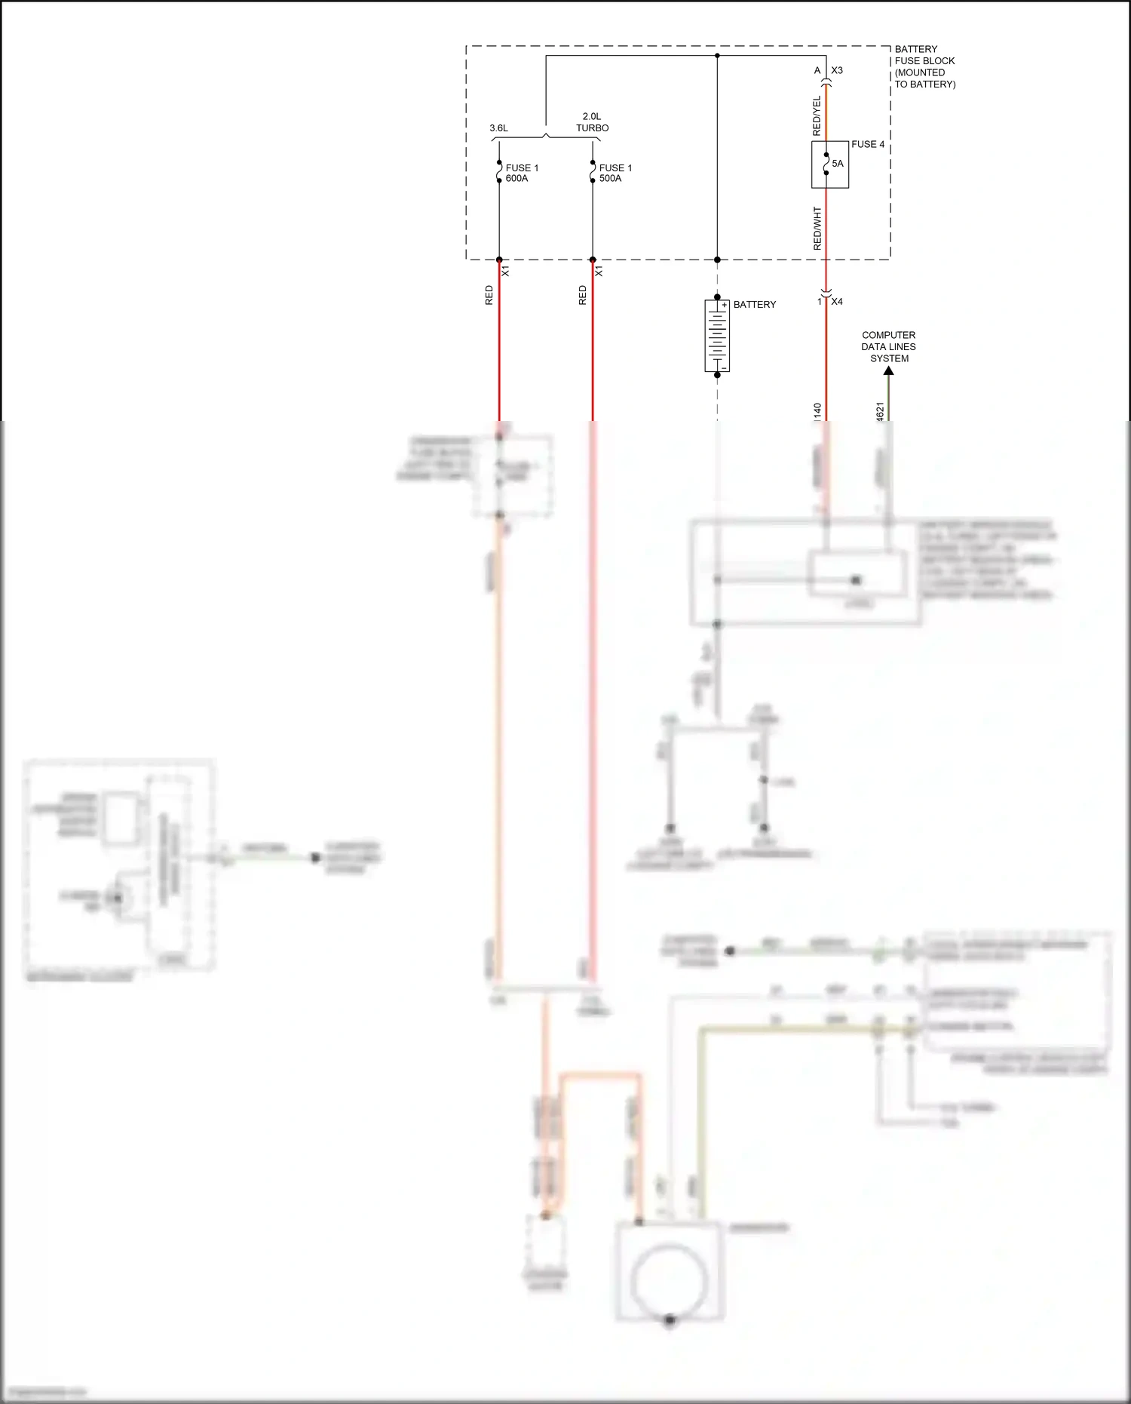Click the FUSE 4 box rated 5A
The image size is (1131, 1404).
[830, 164]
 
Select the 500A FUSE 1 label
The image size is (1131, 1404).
[615, 174]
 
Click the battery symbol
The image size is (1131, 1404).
[717, 335]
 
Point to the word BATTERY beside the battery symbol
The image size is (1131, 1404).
[754, 305]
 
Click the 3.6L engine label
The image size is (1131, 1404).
[498, 128]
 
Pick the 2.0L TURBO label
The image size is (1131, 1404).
[592, 122]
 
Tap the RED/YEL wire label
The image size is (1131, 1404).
[817, 116]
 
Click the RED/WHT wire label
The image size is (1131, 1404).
[817, 229]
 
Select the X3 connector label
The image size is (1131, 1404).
[836, 71]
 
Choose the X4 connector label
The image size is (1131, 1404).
[836, 302]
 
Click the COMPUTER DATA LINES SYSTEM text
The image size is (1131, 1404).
[888, 346]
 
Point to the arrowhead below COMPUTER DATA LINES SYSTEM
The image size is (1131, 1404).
[889, 370]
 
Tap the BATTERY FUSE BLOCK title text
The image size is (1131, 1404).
[924, 66]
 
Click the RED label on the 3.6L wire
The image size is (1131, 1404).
[489, 295]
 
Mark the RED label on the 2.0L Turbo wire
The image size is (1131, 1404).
[582, 295]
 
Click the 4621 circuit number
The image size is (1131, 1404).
[880, 411]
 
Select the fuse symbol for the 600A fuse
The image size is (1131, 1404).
[499, 172]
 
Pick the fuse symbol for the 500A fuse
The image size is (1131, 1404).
[593, 172]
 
